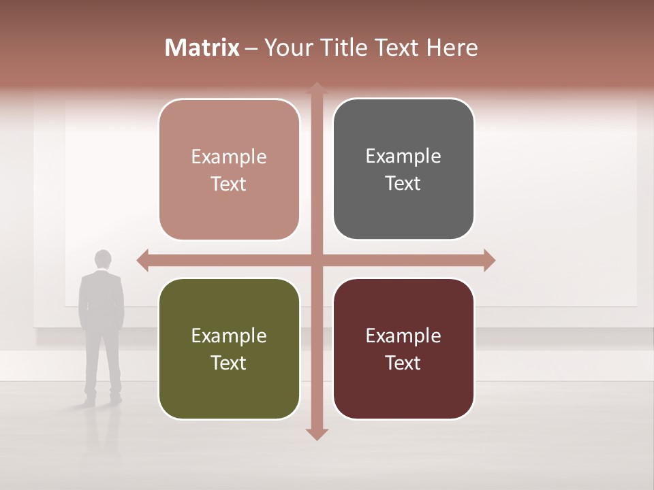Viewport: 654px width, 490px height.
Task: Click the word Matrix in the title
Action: (202, 48)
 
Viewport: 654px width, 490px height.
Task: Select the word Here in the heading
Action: (452, 48)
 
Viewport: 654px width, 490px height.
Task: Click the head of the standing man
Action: (103, 259)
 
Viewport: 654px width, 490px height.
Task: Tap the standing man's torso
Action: (102, 299)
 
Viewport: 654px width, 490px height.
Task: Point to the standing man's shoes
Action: (102, 398)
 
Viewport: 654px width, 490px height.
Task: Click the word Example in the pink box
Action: (229, 157)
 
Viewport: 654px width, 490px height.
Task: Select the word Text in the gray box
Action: (403, 184)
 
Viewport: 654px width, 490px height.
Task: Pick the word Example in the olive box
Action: (229, 336)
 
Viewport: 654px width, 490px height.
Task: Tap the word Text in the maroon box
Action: (403, 363)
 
